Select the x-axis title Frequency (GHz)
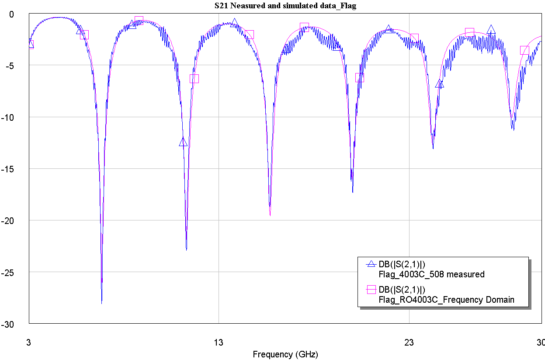[x=285, y=354]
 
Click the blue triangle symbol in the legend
[x=371, y=264]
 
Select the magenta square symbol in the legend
[x=371, y=289]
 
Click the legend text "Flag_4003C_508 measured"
[x=431, y=274]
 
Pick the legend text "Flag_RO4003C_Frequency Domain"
[x=446, y=300]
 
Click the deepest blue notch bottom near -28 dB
[x=101, y=303]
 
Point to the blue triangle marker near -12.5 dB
[x=183, y=142]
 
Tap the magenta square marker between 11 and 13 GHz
[x=194, y=79]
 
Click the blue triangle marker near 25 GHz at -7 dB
[x=439, y=84]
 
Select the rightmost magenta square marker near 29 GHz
[x=524, y=50]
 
